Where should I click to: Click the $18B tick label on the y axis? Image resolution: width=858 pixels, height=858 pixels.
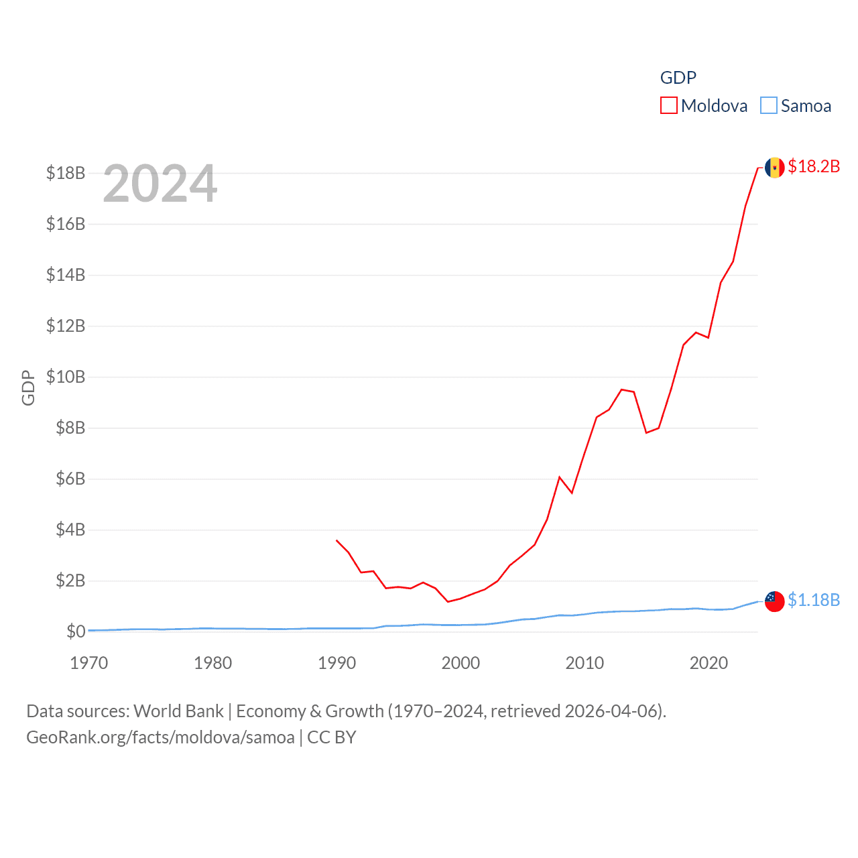coord(66,173)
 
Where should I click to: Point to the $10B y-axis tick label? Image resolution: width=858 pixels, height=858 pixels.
coord(66,377)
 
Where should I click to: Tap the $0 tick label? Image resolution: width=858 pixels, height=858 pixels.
coord(76,631)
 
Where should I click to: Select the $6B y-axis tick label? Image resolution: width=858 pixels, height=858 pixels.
coord(70,479)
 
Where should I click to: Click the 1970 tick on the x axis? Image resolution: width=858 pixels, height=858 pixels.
coord(89,663)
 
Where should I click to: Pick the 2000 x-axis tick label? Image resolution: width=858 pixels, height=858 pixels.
coord(461,663)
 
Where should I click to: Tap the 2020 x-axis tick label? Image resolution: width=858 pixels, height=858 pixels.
coord(709,663)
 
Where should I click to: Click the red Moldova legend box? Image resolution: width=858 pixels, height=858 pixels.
coord(669,106)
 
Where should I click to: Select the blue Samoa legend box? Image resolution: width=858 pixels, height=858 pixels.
coord(769,106)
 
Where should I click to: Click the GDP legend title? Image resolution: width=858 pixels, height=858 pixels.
coord(678,78)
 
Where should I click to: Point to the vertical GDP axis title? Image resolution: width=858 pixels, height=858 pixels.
coord(28,387)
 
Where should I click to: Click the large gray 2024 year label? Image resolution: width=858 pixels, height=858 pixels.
coord(160,184)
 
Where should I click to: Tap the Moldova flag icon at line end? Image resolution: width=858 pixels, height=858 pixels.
coord(775,168)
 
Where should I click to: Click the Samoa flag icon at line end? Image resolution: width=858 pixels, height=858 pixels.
coord(775,601)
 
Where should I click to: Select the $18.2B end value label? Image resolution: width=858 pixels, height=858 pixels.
coord(814,166)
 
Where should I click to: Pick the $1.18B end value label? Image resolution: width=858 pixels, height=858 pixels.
coord(814,600)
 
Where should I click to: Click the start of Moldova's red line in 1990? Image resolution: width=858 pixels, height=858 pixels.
coord(336,540)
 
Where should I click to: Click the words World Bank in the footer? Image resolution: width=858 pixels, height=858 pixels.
coord(179,711)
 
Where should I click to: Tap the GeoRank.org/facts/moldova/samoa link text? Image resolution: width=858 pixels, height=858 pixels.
coord(160,737)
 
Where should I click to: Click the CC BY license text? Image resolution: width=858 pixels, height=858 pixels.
coord(332,737)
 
